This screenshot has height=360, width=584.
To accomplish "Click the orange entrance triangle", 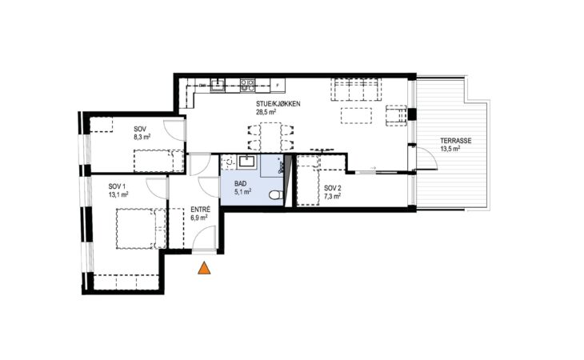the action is (204, 269).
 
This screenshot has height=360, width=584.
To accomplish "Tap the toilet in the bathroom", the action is (276, 195).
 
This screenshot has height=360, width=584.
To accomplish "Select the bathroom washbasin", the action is (246, 162).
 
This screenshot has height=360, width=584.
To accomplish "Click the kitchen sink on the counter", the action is (218, 85).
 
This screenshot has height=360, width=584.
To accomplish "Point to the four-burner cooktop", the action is (247, 86).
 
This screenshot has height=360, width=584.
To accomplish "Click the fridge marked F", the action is (278, 86).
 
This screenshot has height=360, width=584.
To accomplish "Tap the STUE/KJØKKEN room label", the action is (278, 104).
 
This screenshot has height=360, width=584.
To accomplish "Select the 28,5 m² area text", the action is (266, 111).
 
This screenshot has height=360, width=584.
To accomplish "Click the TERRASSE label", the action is (456, 141).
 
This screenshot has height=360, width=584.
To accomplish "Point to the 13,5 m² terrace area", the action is (450, 149).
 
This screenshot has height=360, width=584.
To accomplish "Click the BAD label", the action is (240, 184).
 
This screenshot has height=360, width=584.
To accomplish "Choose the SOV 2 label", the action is (332, 188).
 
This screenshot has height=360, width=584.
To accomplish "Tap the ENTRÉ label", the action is (200, 210).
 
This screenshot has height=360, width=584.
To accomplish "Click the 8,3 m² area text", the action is (142, 137).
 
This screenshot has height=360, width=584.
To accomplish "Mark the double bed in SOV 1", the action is (141, 229).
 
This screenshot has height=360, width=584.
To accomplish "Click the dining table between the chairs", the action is (270, 137).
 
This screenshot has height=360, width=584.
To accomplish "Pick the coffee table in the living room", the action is (357, 116).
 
